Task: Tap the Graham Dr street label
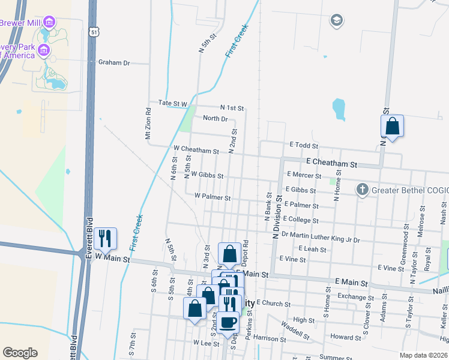(x=114, y=62)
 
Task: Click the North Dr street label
(x=215, y=118)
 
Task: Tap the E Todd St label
(x=303, y=145)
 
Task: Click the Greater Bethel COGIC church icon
(x=362, y=190)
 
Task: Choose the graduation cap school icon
(x=336, y=21)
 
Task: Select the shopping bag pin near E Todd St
(x=392, y=127)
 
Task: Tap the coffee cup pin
(x=228, y=322)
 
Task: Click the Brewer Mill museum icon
(x=49, y=23)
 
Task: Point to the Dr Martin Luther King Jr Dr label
(x=320, y=239)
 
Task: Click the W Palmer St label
(x=212, y=197)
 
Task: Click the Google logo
(x=20, y=352)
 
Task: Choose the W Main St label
(x=110, y=260)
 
